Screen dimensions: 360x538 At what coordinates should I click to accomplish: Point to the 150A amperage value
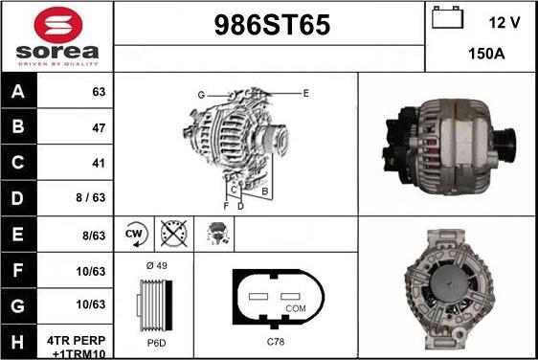pyautogui.click(x=486, y=54)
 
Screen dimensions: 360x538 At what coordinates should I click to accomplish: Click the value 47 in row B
pyautogui.click(x=97, y=127)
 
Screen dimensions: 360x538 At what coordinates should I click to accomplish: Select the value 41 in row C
pyautogui.click(x=97, y=163)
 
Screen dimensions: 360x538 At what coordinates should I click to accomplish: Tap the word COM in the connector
pyautogui.click(x=296, y=308)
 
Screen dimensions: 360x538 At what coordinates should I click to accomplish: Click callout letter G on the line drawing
pyautogui.click(x=201, y=94)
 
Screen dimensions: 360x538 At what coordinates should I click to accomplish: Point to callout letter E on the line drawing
pyautogui.click(x=305, y=93)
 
